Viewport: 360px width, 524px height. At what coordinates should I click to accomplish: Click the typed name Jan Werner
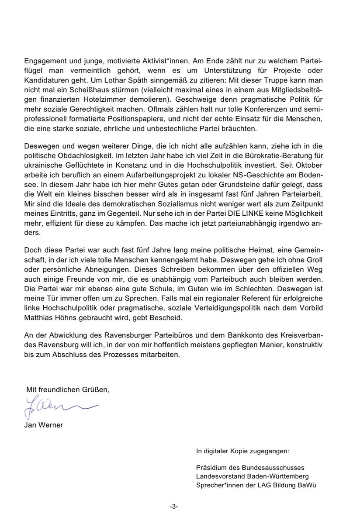tap(44, 424)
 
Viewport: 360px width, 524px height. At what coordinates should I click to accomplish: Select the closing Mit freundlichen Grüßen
tap(68, 390)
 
